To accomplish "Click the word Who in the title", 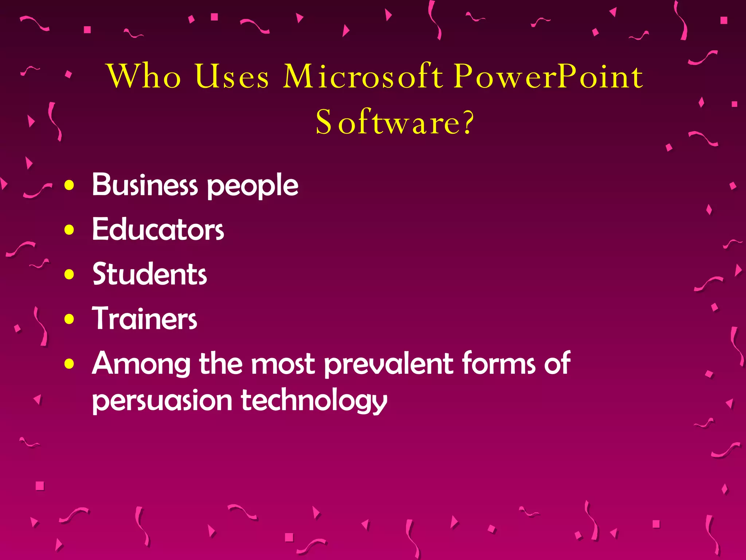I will [x=144, y=76].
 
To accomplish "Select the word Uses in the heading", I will [x=232, y=76].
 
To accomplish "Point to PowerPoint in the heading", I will [x=548, y=76].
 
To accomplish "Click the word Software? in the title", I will [x=395, y=122].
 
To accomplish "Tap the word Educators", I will [x=158, y=229].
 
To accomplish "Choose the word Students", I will [x=150, y=274].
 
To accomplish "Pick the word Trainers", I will [x=145, y=319].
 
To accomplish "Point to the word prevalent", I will [x=389, y=364].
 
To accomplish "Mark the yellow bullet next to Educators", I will [x=69, y=230].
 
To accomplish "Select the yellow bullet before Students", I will [x=69, y=275].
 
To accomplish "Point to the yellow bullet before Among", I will [x=69, y=364].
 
